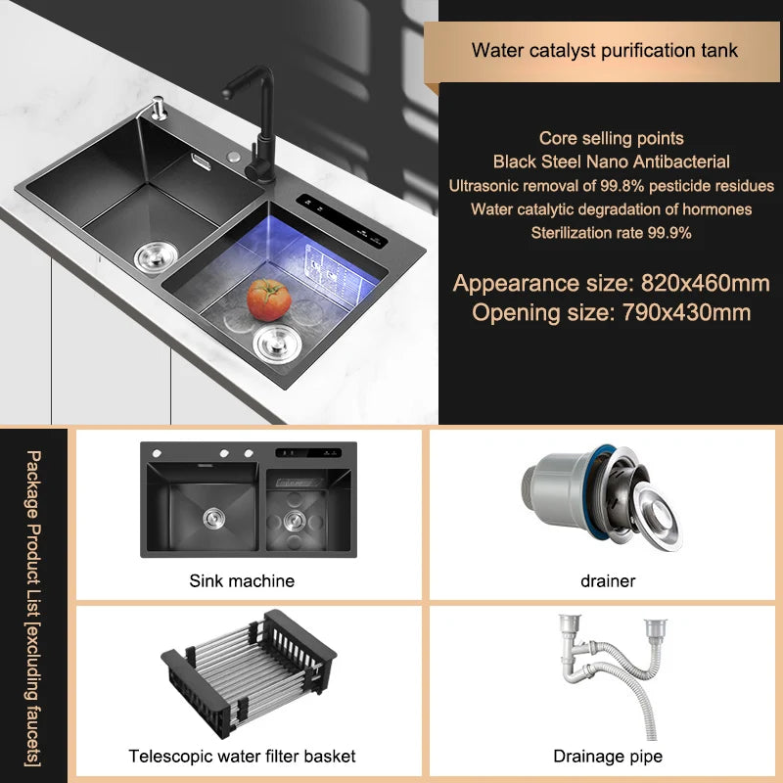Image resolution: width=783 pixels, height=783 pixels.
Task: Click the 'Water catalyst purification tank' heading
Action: tap(604, 51)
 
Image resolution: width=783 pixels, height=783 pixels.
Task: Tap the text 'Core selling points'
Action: tap(611, 138)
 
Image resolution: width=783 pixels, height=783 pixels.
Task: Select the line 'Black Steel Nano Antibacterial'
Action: tap(611, 161)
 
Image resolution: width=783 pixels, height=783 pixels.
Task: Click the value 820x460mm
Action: tap(705, 284)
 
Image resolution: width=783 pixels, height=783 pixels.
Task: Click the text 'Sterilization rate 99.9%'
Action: tap(611, 232)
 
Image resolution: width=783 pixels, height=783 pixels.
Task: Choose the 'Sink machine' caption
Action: tap(242, 580)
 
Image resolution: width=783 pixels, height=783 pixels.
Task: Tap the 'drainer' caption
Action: tap(607, 580)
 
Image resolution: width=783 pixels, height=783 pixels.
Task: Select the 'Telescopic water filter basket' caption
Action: tap(242, 756)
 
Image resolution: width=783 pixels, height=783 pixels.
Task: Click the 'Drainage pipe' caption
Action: tap(607, 756)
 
